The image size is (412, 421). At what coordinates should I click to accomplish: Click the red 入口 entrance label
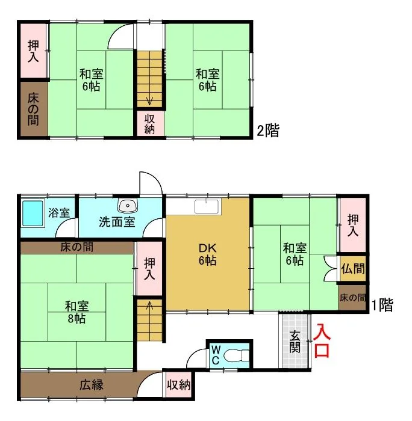click(x=322, y=340)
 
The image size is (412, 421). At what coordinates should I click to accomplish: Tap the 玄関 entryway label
click(x=295, y=342)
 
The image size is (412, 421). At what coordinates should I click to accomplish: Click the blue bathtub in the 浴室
click(x=33, y=214)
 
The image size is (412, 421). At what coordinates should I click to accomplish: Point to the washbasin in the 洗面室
click(x=128, y=206)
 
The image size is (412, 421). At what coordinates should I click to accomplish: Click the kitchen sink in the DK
click(x=207, y=206)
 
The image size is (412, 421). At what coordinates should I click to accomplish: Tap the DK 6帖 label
click(x=207, y=254)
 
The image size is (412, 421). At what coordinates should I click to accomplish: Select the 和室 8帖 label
click(x=76, y=312)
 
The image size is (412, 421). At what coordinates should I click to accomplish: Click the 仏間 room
click(x=352, y=268)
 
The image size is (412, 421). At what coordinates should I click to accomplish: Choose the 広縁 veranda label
click(x=92, y=386)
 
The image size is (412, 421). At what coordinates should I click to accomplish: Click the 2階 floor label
click(x=268, y=131)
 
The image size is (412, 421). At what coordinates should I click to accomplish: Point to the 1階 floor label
click(x=382, y=305)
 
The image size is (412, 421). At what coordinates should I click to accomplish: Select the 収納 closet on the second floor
click(x=150, y=123)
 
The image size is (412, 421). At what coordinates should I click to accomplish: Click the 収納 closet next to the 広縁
click(x=178, y=385)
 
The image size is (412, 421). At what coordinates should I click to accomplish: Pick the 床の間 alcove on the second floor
click(x=33, y=109)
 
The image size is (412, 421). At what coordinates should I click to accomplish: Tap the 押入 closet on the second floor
click(x=33, y=51)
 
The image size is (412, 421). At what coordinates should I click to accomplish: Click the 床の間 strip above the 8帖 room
click(x=77, y=247)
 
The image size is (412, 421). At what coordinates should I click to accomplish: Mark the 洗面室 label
click(x=117, y=222)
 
